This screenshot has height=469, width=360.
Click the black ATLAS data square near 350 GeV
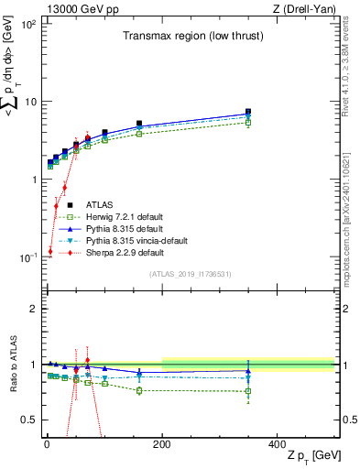pos(247,113)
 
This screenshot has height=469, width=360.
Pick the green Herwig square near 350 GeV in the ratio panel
pos(247,391)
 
